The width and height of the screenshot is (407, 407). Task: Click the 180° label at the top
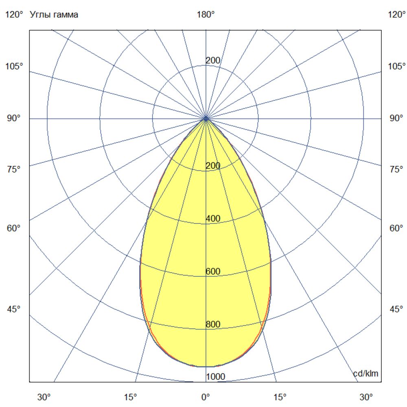click(206, 15)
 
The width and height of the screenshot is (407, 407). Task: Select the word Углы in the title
click(39, 15)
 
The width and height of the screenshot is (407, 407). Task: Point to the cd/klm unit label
click(368, 373)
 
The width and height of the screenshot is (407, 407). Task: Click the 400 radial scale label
click(213, 219)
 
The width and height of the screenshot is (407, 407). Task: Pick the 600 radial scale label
click(213, 271)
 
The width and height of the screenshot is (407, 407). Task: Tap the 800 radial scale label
click(213, 324)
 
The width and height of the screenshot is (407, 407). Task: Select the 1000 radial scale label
click(215, 377)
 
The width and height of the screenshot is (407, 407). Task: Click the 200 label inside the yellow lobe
click(213, 166)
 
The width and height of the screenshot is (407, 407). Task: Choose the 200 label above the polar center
click(213, 61)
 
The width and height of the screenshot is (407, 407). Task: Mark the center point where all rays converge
click(206, 118)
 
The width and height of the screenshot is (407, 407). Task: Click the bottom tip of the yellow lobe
click(206, 366)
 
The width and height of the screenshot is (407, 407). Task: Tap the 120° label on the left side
click(15, 15)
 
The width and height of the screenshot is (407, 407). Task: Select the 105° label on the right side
click(397, 66)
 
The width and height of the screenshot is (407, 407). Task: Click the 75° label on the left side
click(13, 169)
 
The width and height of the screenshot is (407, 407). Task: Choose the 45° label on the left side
click(13, 309)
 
